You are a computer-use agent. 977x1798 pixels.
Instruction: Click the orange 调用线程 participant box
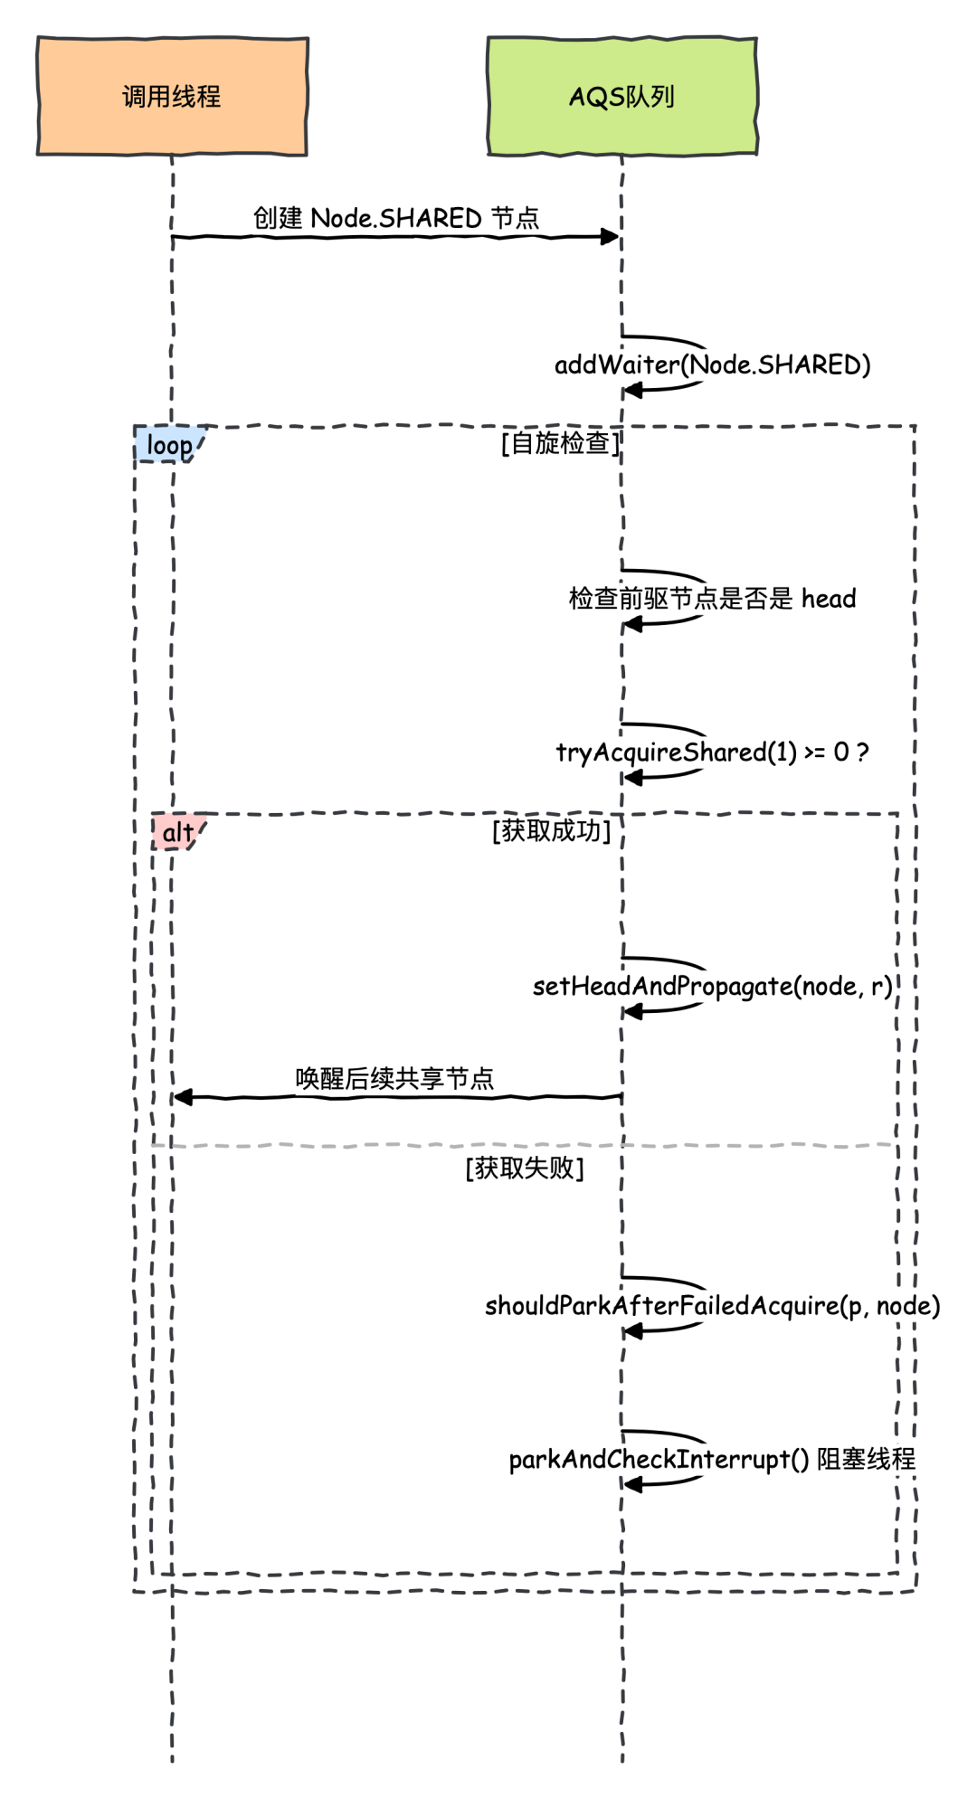click(172, 96)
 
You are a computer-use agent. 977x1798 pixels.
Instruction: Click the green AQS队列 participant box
click(621, 96)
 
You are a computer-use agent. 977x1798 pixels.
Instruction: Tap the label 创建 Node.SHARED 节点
click(395, 218)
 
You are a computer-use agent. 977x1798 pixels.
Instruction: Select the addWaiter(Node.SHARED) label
click(712, 364)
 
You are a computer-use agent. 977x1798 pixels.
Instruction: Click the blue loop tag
click(169, 445)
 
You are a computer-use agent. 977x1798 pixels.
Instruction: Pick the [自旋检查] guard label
click(561, 442)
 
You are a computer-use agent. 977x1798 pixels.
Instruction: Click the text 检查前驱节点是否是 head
click(712, 599)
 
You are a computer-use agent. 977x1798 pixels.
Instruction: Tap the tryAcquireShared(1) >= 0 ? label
click(712, 752)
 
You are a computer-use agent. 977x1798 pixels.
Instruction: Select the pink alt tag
click(178, 832)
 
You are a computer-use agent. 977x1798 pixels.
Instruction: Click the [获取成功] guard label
click(552, 830)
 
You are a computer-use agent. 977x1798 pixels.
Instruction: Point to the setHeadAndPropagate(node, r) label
click(712, 986)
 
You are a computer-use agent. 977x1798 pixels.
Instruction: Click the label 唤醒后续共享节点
click(395, 1078)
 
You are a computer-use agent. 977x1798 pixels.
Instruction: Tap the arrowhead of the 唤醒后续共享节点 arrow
click(182, 1097)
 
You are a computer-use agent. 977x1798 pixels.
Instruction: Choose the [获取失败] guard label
click(525, 1168)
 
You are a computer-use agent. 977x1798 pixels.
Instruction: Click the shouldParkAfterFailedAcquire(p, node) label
click(712, 1306)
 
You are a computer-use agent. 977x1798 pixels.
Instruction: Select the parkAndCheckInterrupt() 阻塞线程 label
click(712, 1459)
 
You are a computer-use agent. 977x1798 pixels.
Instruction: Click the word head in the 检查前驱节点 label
click(829, 599)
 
